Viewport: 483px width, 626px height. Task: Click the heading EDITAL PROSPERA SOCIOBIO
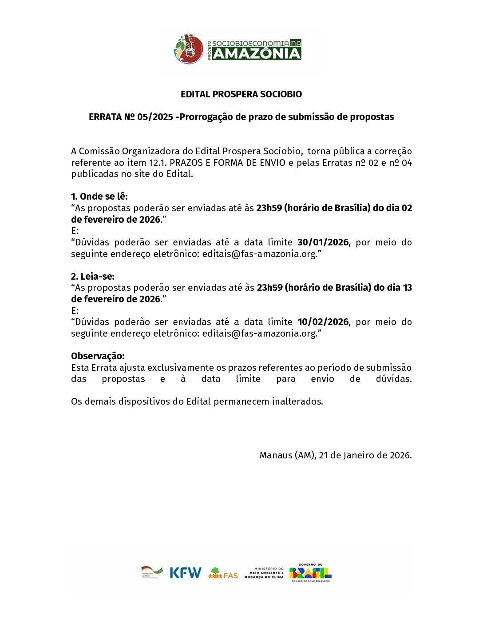[241, 94]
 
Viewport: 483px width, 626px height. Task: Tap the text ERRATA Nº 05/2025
[131, 117]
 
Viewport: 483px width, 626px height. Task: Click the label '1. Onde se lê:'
[99, 197]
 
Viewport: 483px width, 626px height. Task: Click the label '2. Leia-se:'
[92, 277]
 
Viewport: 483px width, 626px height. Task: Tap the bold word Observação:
[98, 356]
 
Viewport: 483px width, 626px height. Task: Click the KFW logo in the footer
[185, 572]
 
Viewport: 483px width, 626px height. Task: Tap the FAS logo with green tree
[223, 573]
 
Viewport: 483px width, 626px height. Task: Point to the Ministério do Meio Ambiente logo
[264, 573]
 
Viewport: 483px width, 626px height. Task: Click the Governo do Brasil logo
[310, 573]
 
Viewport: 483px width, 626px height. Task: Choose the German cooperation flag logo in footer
[152, 572]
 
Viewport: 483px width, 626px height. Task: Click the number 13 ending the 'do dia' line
[407, 288]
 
